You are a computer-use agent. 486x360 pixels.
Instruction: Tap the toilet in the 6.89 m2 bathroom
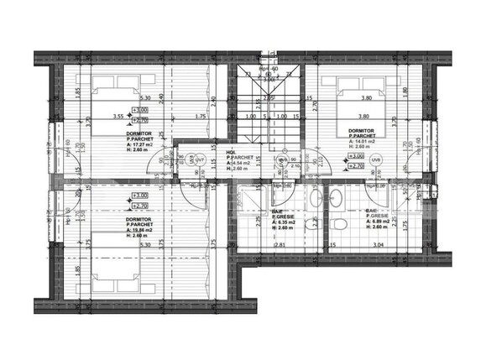[337, 225]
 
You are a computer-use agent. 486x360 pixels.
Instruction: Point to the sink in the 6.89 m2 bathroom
[335, 197]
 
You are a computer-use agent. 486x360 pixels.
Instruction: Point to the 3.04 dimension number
[379, 246]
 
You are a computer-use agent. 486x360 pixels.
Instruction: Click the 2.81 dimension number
[281, 246]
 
